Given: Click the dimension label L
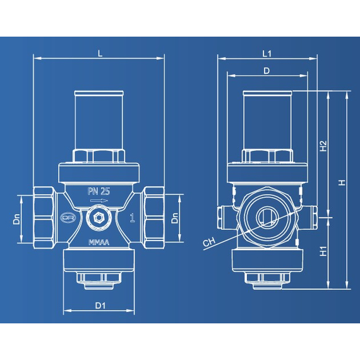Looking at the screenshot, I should (x=100, y=53).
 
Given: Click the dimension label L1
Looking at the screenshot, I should (x=267, y=53).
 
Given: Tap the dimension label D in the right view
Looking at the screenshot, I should (x=267, y=71).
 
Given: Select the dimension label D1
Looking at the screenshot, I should (x=100, y=306).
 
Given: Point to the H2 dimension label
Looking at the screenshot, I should (x=323, y=146).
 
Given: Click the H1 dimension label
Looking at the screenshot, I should (x=323, y=251).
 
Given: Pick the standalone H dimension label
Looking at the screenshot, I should (x=342, y=183).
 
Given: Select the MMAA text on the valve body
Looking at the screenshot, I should (x=99, y=242).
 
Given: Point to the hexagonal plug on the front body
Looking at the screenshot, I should (x=99, y=219).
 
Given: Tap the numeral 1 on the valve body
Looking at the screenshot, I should (x=131, y=219).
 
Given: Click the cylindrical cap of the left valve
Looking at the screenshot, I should (x=99, y=120).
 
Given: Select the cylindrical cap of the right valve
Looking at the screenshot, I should (x=268, y=120).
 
